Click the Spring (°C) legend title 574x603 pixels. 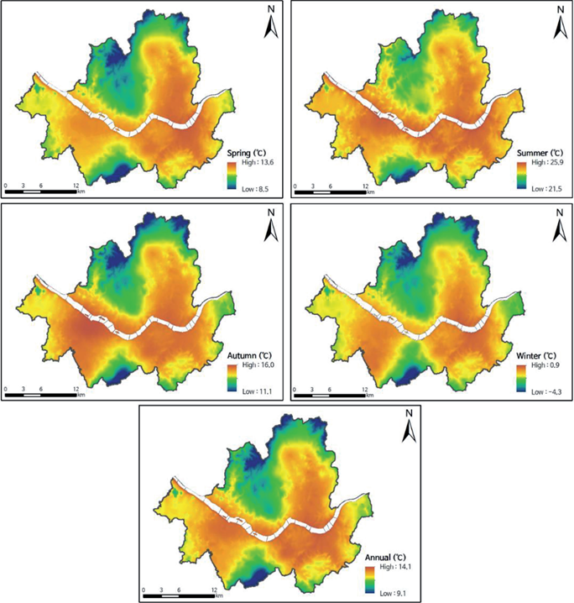tap(246, 153)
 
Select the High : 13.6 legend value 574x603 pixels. tap(258, 162)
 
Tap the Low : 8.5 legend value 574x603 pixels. tap(255, 189)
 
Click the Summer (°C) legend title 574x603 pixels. tap(540, 153)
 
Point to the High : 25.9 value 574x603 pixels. tap(547, 162)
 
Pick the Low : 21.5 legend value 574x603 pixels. tap(546, 189)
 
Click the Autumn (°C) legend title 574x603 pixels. tap(248, 356)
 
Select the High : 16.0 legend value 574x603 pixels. tap(258, 365)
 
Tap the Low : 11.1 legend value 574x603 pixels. tap(257, 391)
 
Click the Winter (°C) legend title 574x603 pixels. tap(536, 356)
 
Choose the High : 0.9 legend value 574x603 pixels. tap(545, 365)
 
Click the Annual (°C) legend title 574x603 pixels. tap(385, 558)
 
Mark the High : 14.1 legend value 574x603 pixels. tap(395, 566)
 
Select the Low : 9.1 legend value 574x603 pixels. tap(393, 594)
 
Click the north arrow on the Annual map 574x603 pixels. tap(410, 427)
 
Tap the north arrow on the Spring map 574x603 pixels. tap(271, 23)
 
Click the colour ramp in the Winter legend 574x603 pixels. tap(522, 379)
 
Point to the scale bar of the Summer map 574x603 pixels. tap(331, 191)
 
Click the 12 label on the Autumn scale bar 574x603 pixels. tap(76, 389)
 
